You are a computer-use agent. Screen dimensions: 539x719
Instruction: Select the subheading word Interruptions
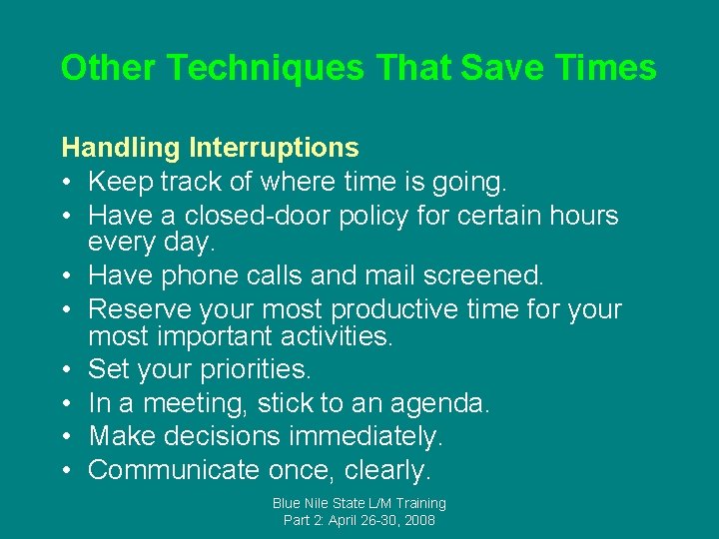(x=274, y=148)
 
